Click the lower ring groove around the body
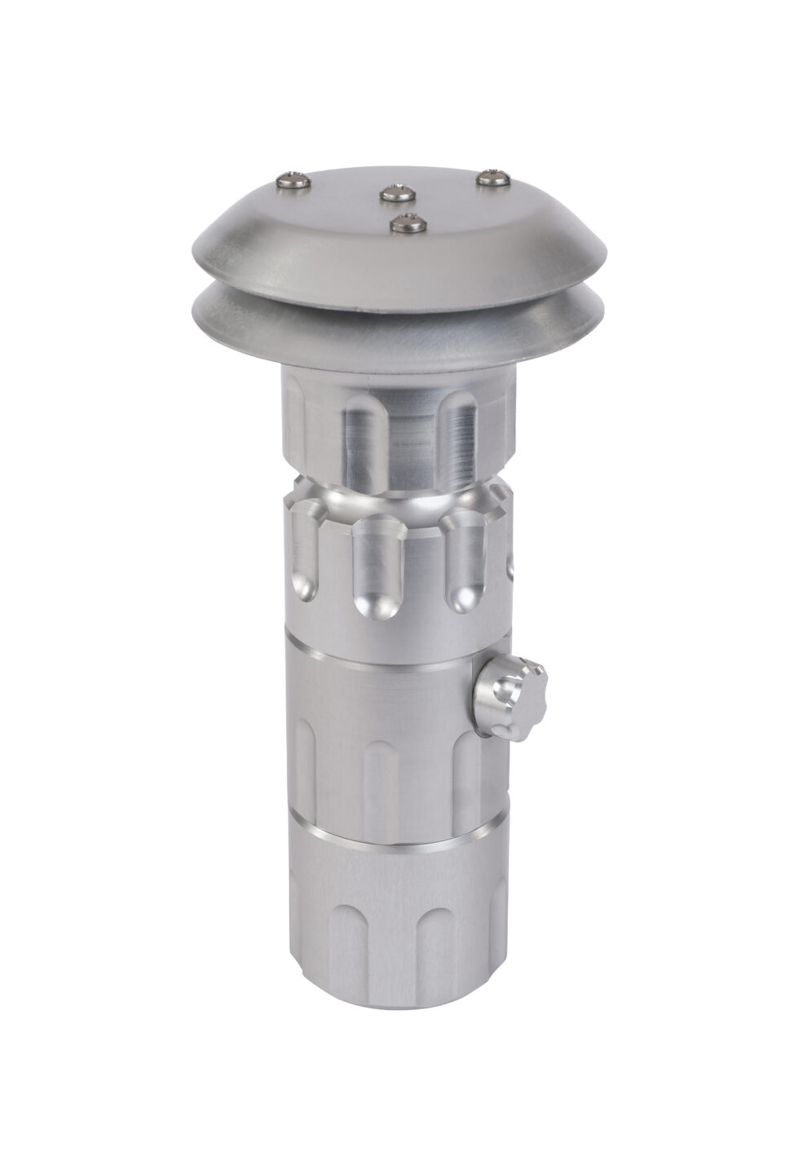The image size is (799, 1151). [391, 845]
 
